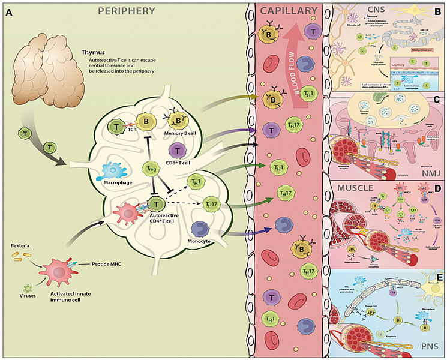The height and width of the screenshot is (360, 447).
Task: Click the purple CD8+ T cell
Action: coord(178,151)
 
